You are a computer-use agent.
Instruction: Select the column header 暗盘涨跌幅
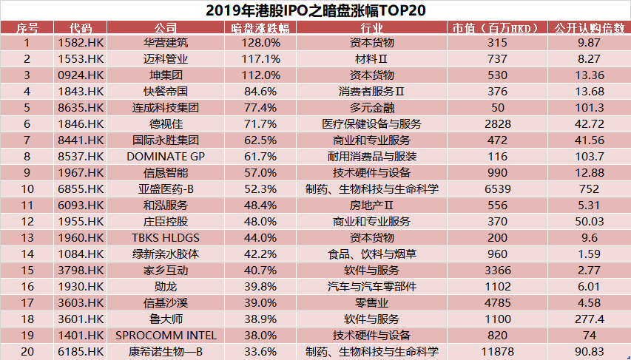260,28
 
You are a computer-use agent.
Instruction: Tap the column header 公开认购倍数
589,28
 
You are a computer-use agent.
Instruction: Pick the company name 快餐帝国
166,91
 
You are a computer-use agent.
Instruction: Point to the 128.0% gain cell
260,42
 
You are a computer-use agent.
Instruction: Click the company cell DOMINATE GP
166,156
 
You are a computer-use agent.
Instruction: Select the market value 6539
499,189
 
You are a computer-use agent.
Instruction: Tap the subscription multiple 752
589,189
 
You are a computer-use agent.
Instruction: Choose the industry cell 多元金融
372,107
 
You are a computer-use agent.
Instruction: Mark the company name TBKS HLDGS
166,237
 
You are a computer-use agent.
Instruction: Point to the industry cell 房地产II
372,205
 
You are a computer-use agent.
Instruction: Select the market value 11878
499,351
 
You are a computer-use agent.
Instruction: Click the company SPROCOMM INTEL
166,335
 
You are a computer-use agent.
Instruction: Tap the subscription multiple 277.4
589,319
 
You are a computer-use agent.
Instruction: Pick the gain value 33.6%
260,351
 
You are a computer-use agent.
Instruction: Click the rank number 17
27,302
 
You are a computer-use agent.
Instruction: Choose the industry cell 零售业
372,302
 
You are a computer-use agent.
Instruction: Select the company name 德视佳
166,123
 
